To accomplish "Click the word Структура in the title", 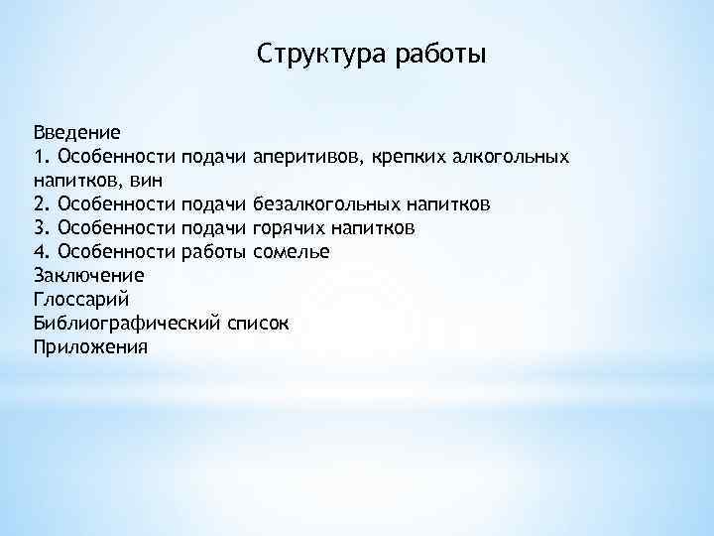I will click(313, 52).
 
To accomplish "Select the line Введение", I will click(77, 132).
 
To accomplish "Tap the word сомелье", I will click(292, 251).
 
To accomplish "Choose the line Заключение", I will click(89, 275).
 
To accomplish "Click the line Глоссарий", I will click(81, 299).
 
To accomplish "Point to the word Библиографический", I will click(125, 323).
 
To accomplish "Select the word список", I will click(257, 323).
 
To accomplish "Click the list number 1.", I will click(41, 156).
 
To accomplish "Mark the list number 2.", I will click(41, 203).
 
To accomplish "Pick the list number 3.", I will click(41, 227).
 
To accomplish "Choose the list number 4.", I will click(41, 251).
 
